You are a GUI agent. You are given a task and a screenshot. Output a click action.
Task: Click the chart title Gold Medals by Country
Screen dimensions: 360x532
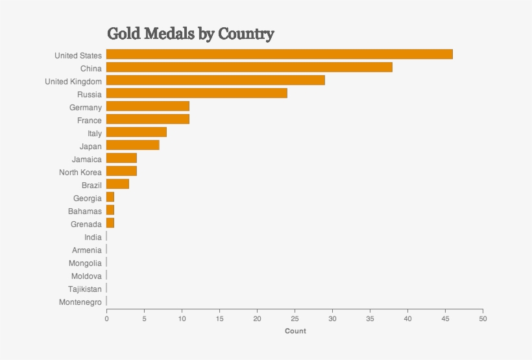coord(190,34)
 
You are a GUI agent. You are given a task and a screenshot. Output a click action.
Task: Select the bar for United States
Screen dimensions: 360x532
coord(279,54)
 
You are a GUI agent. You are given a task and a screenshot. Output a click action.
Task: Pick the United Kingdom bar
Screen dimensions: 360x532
coord(215,80)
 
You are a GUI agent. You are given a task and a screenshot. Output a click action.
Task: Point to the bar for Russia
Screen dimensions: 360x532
coord(197,93)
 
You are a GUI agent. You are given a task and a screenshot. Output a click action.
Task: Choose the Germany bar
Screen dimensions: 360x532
coord(148,106)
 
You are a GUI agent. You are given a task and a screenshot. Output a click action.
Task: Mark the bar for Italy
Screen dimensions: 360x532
coord(136,132)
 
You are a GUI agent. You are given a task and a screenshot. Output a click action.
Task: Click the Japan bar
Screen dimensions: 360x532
coord(133,145)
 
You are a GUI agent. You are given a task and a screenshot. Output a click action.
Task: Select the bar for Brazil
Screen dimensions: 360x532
coord(117,184)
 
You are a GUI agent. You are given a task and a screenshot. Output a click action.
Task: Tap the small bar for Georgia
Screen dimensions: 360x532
coord(110,197)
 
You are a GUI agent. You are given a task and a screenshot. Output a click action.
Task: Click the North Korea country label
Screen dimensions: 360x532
coord(80,173)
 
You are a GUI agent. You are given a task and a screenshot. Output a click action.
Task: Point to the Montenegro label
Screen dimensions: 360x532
coord(80,302)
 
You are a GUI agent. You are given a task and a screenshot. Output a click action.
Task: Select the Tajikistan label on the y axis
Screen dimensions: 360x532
coord(85,289)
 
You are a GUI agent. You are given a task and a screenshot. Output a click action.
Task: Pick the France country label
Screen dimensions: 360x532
coord(90,121)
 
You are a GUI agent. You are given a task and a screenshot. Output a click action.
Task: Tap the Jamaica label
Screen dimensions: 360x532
coord(87,160)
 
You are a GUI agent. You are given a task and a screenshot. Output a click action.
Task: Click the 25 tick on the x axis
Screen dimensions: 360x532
coord(295,318)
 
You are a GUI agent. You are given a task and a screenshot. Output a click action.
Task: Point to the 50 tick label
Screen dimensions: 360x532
coord(483,318)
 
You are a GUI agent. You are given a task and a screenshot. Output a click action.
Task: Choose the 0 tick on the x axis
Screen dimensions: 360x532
coord(106,318)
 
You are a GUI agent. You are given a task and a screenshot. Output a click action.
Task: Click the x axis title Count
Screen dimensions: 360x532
coord(295,331)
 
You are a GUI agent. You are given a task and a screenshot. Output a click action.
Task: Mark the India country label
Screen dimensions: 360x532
coord(93,237)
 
